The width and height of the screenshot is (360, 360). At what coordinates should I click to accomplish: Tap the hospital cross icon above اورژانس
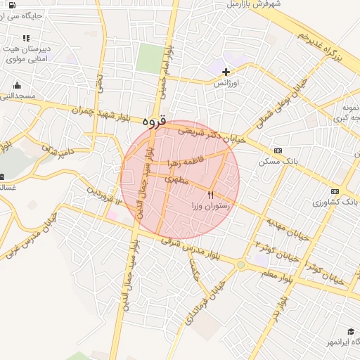[x=226, y=72]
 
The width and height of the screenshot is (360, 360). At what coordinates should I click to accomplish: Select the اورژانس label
[x=227, y=83]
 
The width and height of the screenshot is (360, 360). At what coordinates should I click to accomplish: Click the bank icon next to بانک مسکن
[x=278, y=150]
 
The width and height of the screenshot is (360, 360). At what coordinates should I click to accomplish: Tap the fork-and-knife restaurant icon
[x=210, y=193]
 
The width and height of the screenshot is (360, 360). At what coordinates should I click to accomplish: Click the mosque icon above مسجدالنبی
[x=17, y=86]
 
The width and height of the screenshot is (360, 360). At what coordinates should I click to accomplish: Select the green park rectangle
[x=149, y=58]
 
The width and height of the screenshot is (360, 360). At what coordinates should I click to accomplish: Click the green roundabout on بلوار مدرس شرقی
[x=241, y=264]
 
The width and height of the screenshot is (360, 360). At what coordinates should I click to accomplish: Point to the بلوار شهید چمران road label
[x=106, y=113]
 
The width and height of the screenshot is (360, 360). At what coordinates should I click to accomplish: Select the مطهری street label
[x=177, y=180]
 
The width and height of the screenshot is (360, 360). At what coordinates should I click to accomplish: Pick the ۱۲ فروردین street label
[x=104, y=195]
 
